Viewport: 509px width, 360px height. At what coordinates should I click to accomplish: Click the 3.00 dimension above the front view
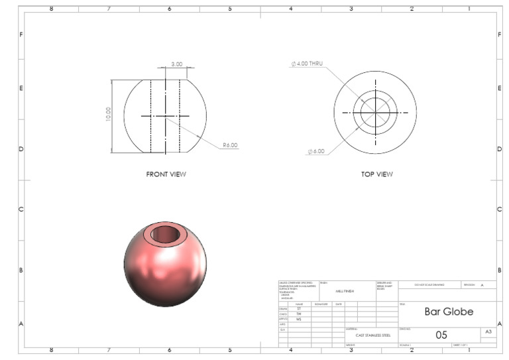(176, 64)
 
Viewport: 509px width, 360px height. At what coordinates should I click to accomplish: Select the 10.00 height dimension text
(109, 114)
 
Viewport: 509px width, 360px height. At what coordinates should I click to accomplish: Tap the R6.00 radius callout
(230, 145)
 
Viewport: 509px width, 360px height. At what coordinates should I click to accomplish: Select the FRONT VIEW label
(166, 174)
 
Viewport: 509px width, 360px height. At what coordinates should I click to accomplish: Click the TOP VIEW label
(376, 174)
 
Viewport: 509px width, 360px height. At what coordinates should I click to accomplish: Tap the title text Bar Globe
(449, 312)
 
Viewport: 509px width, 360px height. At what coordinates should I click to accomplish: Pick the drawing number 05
(441, 335)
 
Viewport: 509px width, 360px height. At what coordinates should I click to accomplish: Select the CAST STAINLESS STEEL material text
(372, 335)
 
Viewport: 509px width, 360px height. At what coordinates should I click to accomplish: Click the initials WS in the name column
(299, 319)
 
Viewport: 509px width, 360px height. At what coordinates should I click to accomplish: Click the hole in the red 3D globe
(165, 235)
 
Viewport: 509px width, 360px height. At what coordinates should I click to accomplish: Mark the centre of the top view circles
(376, 113)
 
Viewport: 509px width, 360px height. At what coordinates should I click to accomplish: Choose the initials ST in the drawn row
(299, 309)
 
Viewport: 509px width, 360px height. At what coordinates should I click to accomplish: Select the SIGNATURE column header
(321, 304)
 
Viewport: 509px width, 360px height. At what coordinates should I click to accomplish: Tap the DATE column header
(339, 304)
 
